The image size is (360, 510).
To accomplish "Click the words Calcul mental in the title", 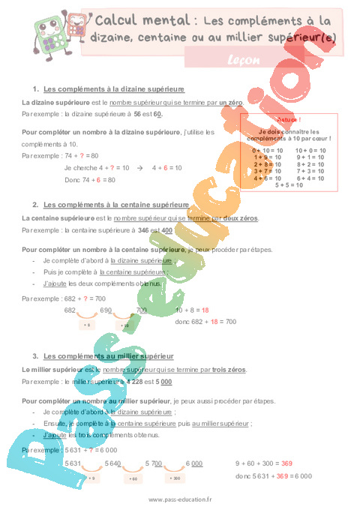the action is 133,19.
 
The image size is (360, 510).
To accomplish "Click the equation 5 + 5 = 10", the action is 289,184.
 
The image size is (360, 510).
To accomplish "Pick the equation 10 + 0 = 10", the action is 310,151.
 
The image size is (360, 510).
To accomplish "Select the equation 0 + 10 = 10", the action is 268,151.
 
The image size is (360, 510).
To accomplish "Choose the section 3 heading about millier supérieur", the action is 109,355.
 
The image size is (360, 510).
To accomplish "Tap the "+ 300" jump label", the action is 175,478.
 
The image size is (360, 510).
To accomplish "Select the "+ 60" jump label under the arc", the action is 133,478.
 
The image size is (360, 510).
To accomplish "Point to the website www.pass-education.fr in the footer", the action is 180,500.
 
